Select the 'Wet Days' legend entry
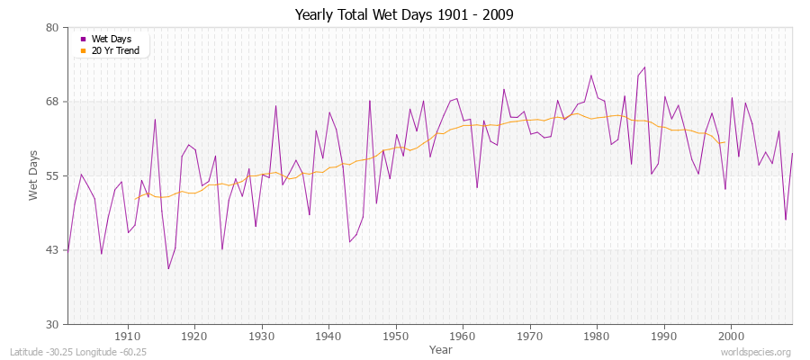tap(111, 39)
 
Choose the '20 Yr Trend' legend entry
tap(114, 50)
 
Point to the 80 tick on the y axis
tap(52, 28)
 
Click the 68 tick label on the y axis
tap(52, 102)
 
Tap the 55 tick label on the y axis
tap(52, 175)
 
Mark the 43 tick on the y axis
tap(52, 250)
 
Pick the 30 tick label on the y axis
tap(52, 324)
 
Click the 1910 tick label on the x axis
tap(128, 336)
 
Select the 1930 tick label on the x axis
tap(262, 336)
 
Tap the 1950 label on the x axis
tap(395, 336)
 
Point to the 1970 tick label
tap(529, 336)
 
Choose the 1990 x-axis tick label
tap(663, 336)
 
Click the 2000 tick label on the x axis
tap(731, 336)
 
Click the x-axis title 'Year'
tap(441, 348)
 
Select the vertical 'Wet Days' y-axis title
tap(33, 175)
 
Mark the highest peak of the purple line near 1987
tap(644, 67)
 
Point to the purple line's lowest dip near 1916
tap(168, 268)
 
